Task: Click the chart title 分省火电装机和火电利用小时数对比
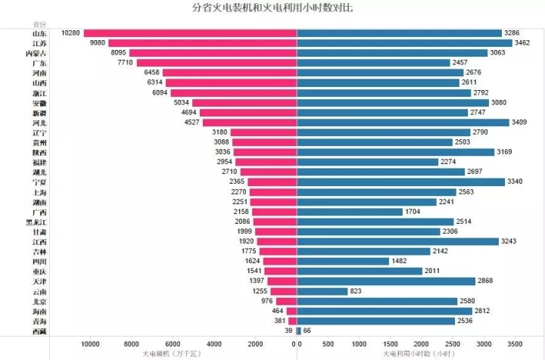(272, 8)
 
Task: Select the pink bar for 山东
(190, 33)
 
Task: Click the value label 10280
(71, 33)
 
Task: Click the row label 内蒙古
(36, 53)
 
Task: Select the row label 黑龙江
(36, 222)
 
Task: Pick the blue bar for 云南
(322, 291)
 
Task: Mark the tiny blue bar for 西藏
(299, 331)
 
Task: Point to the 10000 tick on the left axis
(90, 344)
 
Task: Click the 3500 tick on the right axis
(515, 344)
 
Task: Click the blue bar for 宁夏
(400, 182)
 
